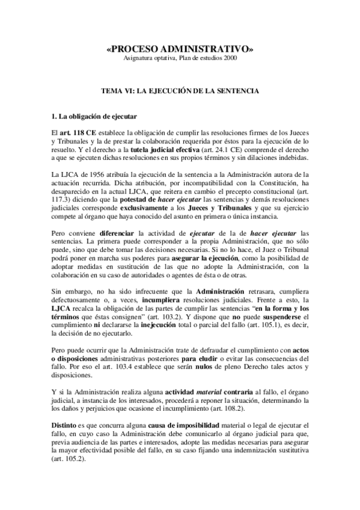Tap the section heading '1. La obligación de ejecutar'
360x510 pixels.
pos(87,115)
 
